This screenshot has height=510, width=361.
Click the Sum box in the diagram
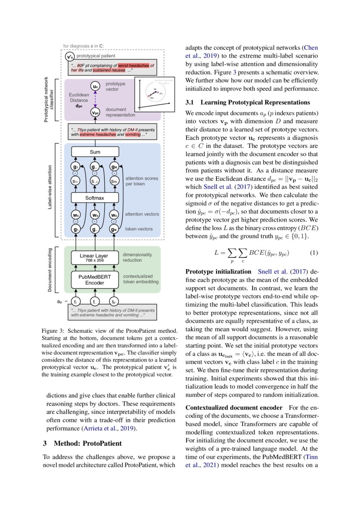(x=95, y=152)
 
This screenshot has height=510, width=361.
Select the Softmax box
(x=95, y=198)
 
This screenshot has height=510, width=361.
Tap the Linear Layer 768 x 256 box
(x=95, y=257)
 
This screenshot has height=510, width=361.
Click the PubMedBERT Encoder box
(x=95, y=280)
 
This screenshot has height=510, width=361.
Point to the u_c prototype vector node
(x=95, y=87)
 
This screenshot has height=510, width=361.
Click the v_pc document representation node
(x=95, y=113)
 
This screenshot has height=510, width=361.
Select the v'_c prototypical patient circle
(x=69, y=57)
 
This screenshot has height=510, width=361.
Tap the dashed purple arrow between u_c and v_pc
(x=95, y=100)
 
